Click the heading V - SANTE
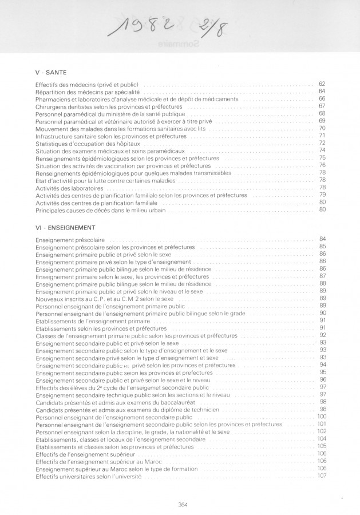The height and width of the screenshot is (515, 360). pos(51,72)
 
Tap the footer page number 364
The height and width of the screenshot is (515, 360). pos(183,504)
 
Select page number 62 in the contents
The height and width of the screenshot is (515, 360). pos(322,84)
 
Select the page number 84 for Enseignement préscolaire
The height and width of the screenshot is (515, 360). pos(322,239)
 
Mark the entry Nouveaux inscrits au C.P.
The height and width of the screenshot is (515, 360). pos(104,299)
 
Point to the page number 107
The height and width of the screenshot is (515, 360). pos(322,477)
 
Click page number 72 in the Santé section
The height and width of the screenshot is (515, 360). pos(322,143)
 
